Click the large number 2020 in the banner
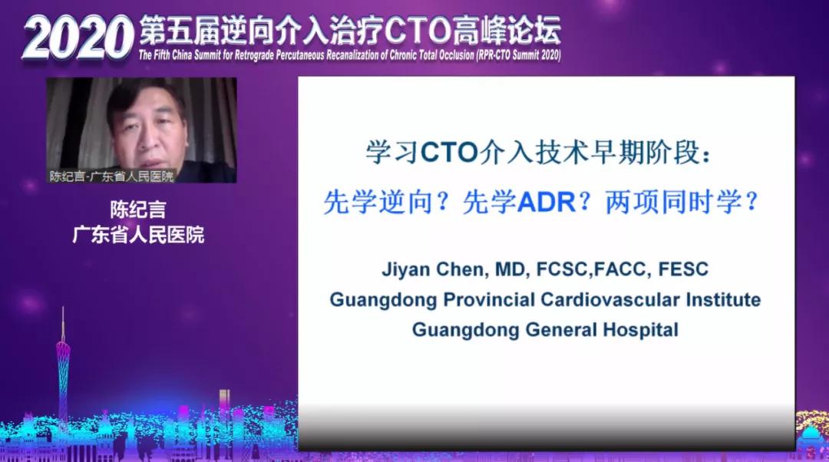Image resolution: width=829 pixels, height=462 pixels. [x=78, y=38]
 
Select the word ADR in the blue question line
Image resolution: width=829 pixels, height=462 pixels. [x=547, y=203]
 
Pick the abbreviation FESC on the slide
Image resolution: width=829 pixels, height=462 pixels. [x=683, y=269]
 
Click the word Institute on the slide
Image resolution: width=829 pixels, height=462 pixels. [x=723, y=300]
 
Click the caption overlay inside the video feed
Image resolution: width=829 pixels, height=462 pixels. [x=111, y=176]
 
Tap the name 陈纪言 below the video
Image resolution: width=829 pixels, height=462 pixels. [x=138, y=210]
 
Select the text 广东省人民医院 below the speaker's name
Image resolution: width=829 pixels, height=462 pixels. [x=138, y=235]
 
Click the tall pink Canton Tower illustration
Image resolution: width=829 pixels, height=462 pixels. [x=63, y=370]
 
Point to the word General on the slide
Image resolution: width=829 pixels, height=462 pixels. [x=561, y=330]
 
